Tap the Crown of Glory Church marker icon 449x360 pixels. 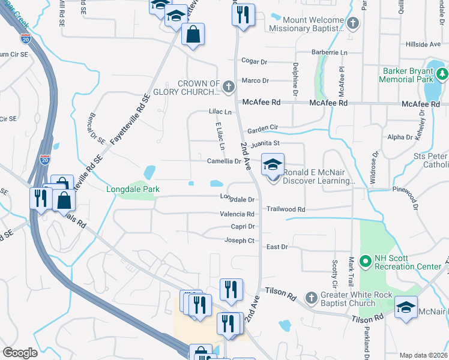pos(228,88)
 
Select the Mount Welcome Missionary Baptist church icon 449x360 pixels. pos(353,23)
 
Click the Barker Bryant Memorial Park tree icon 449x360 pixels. pos(443,74)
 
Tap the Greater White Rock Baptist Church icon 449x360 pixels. pos(311,298)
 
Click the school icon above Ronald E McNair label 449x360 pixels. pos(273,164)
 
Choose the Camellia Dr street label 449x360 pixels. pos(224,161)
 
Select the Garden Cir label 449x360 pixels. pos(263,128)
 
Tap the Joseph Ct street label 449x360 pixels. pos(240,241)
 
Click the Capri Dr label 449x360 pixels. pos(243,227)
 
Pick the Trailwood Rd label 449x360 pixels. pos(286,209)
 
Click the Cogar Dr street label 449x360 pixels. pos(254,61)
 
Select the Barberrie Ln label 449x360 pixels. pos(331,53)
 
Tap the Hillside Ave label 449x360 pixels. pos(423,44)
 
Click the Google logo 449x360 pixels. pos(20,353)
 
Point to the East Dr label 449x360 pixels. pos(277,247)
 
